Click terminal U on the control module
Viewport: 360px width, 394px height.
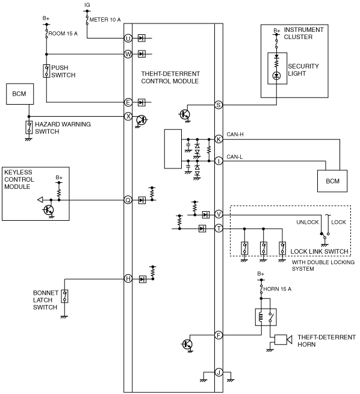click(x=128, y=38)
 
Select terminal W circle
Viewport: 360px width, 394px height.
click(x=128, y=54)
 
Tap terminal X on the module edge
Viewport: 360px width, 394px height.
click(x=128, y=116)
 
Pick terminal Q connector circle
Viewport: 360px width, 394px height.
click(x=128, y=200)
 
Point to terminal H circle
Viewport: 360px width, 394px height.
click(x=128, y=279)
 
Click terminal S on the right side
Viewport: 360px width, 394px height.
click(x=219, y=105)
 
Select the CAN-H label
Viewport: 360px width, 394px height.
click(x=235, y=134)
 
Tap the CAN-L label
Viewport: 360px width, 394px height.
click(x=235, y=157)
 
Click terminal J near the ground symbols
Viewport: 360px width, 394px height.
click(x=219, y=372)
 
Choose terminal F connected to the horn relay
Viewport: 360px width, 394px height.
click(x=219, y=335)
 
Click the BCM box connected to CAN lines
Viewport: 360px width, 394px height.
click(x=332, y=181)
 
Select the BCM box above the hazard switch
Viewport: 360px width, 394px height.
click(x=20, y=94)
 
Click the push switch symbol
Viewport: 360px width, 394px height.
click(x=46, y=71)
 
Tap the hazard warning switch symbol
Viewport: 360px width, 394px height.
click(x=29, y=128)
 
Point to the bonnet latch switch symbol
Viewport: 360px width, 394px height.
click(x=64, y=296)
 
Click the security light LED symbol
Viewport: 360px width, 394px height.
click(x=276, y=75)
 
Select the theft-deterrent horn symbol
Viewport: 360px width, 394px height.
click(x=283, y=339)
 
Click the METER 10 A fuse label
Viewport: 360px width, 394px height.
click(x=105, y=20)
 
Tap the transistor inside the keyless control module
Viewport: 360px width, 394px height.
click(x=49, y=210)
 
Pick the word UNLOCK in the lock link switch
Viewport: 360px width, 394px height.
click(x=308, y=222)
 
